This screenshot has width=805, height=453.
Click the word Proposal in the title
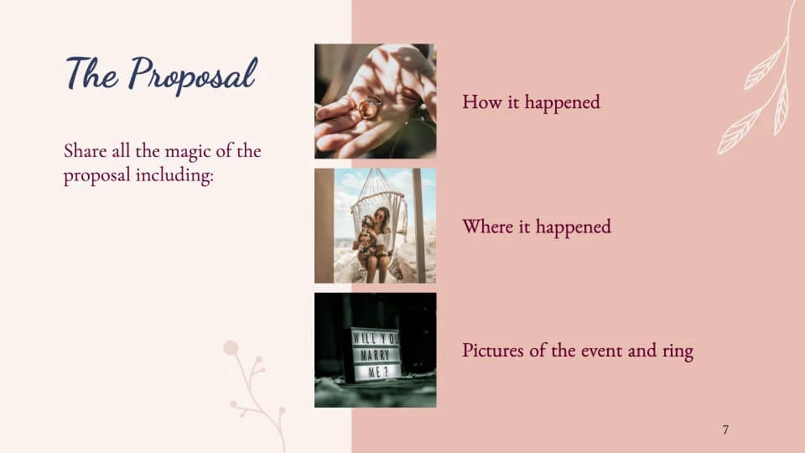pos(192,75)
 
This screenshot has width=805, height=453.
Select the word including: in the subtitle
pos(174,176)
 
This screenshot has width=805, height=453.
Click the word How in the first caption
pos(480,102)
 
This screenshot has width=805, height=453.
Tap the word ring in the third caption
pos(677,351)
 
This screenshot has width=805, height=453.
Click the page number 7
pos(725,430)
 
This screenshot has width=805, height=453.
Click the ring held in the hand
pos(370,107)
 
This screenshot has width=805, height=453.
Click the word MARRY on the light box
pos(375,355)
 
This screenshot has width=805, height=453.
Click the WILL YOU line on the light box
pos(376,339)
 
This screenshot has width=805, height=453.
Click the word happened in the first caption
pos(563,102)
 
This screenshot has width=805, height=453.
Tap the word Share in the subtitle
pos(85,151)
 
